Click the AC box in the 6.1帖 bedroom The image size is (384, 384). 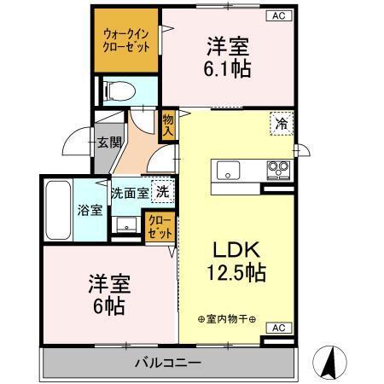279,15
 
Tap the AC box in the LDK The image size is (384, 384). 279,328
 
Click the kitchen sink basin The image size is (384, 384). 230,168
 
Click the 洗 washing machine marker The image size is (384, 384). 162,192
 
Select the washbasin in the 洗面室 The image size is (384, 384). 125,224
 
